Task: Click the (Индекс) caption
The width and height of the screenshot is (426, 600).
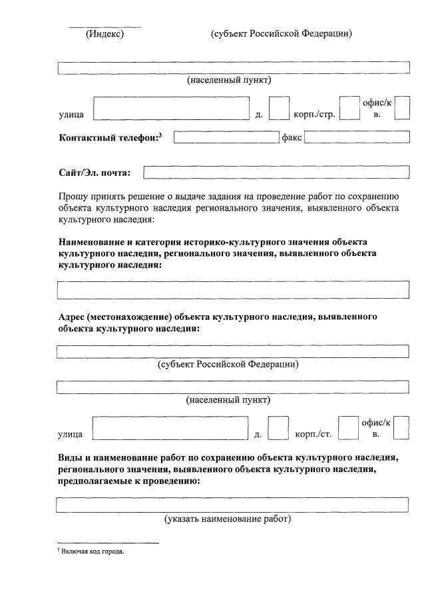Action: [105, 33]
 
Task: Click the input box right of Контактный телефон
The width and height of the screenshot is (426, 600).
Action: [225, 137]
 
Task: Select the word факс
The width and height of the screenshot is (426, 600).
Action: [292, 137]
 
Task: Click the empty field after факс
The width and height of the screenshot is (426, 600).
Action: [357, 137]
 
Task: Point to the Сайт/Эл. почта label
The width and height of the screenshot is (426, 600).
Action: [95, 173]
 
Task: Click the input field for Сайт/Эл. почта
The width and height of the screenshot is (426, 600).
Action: [276, 173]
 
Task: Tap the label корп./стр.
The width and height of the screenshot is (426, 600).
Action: [314, 115]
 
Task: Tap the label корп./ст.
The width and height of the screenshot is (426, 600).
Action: [313, 435]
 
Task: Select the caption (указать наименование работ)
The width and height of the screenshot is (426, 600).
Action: [228, 519]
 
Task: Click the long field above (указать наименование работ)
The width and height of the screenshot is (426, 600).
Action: [233, 504]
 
